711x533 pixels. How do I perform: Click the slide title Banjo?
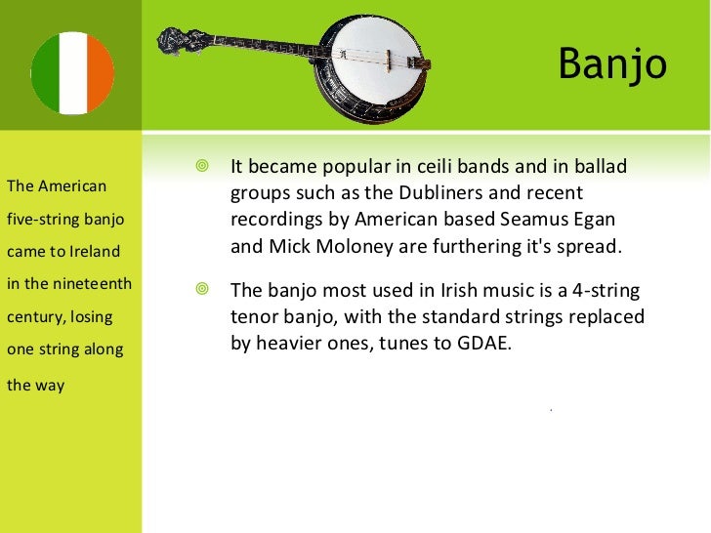tap(611, 65)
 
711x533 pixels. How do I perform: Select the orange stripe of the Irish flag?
tap(102, 73)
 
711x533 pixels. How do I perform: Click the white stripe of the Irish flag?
tap(73, 73)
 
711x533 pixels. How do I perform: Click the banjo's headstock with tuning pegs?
tap(180, 39)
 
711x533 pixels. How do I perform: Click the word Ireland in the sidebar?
tap(95, 252)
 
